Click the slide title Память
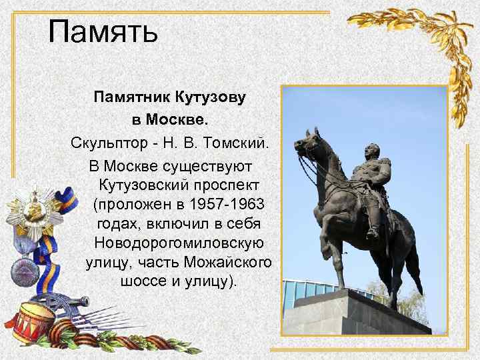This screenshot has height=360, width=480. (103, 31)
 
